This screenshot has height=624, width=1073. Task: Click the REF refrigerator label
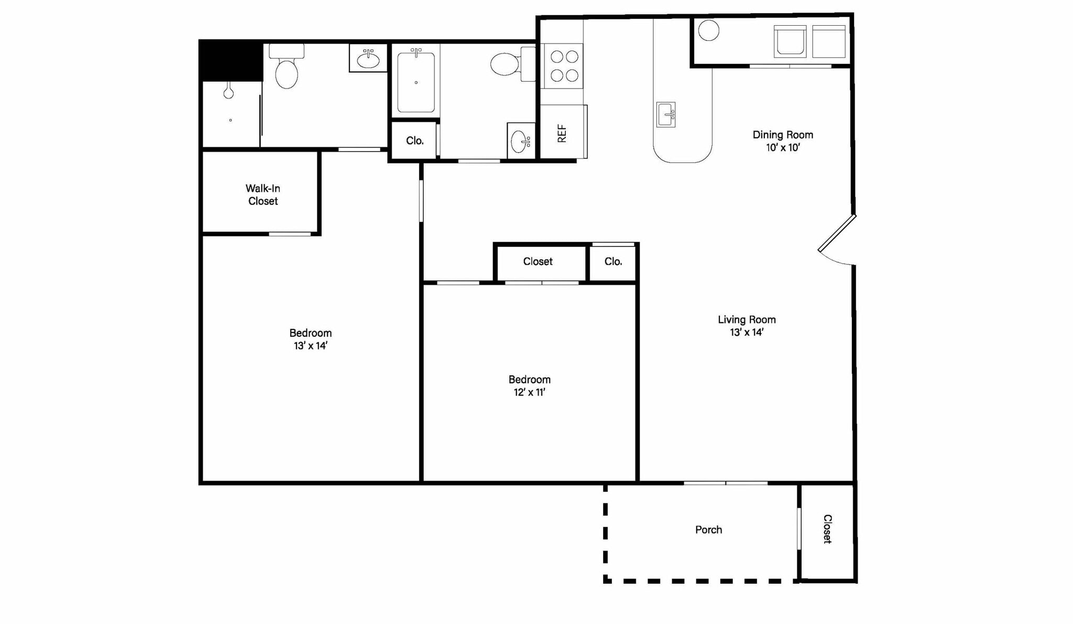tap(562, 133)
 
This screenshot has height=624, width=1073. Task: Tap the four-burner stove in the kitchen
tap(564, 66)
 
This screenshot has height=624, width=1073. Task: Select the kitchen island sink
tap(665, 114)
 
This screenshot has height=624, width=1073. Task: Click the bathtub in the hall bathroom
tap(416, 82)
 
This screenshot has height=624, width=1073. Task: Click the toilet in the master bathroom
tap(286, 68)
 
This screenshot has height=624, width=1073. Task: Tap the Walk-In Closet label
tap(262, 195)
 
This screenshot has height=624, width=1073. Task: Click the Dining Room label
tap(783, 135)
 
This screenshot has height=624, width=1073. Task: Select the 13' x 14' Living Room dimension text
tap(747, 332)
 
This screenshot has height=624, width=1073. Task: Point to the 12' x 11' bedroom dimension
tap(529, 392)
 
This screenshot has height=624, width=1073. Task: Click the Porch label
tap(708, 530)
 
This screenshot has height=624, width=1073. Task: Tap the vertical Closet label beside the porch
tap(827, 529)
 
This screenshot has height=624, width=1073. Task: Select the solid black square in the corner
tap(231, 60)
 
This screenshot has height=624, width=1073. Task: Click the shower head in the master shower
tap(228, 93)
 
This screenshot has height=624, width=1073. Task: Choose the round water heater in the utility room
tap(708, 30)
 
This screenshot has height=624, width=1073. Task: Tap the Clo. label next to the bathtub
tap(414, 141)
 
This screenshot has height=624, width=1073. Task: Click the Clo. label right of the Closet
tap(613, 261)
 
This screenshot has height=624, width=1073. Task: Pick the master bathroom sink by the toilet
tap(368, 59)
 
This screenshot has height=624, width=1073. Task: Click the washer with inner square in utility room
tap(790, 41)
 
